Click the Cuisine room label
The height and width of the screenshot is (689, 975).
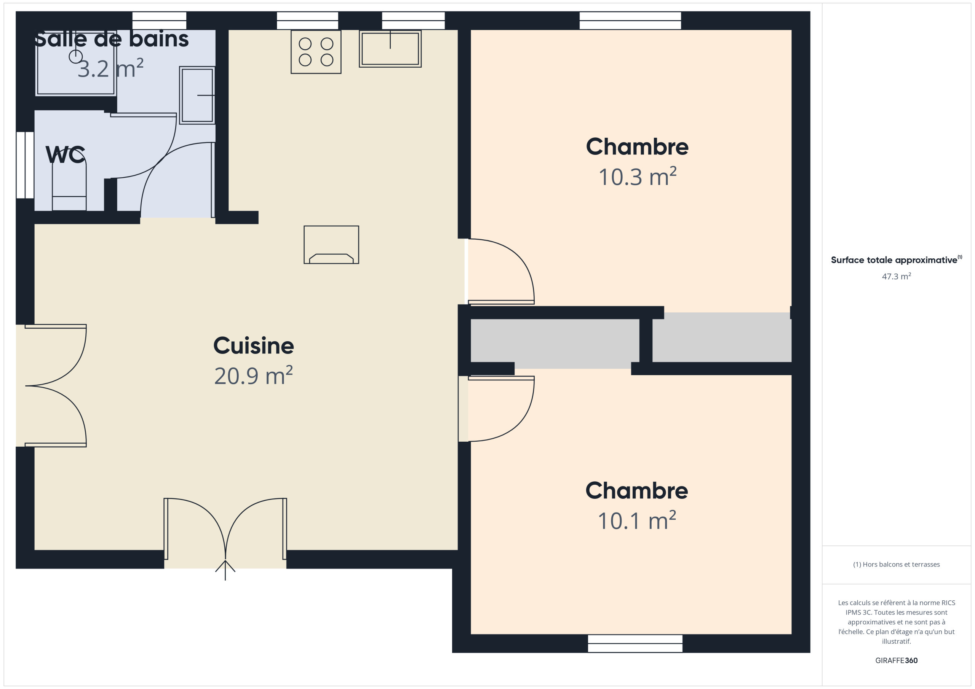coord(254,346)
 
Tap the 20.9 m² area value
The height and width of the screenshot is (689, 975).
coord(254,376)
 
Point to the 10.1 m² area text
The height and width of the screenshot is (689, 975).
coord(636,520)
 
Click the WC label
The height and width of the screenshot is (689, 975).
coord(66,154)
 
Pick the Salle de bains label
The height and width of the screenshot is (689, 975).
coord(111,39)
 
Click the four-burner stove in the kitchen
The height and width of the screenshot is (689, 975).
coord(316,52)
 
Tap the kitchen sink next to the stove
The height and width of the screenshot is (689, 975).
coord(390,49)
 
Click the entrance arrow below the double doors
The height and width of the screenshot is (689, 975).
coord(225,570)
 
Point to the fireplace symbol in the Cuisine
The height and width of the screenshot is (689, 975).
coord(331,245)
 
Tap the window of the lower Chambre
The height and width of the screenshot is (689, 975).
coord(635,644)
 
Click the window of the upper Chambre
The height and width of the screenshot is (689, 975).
coord(630,21)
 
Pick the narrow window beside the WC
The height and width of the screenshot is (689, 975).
coord(25,165)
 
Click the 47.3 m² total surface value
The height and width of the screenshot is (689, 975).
coord(897,276)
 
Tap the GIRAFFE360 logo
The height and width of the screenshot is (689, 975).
coord(897,660)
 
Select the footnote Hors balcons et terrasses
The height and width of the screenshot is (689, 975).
coord(897,564)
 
